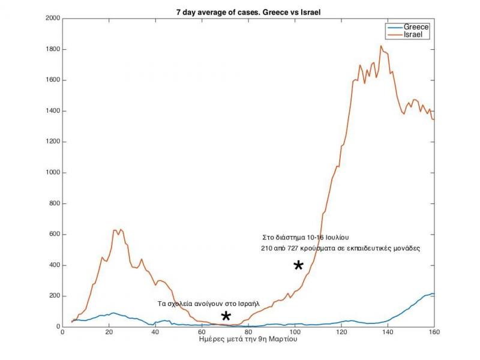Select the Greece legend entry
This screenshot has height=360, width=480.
(416, 28)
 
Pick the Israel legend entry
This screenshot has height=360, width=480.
(414, 35)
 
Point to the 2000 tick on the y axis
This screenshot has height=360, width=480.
(52, 19)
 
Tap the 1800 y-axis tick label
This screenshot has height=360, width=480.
(52, 49)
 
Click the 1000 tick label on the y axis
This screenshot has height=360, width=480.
(52, 173)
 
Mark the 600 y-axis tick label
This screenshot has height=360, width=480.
(54, 235)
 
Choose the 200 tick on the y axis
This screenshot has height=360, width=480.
(54, 296)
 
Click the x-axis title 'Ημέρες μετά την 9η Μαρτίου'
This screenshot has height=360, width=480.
(248, 340)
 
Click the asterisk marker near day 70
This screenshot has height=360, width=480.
(226, 316)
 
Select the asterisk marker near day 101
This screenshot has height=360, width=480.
(298, 265)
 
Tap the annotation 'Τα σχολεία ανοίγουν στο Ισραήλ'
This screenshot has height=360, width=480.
(208, 304)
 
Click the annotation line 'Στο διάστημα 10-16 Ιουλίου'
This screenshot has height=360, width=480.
(310, 238)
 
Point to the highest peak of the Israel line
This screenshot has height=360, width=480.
(381, 46)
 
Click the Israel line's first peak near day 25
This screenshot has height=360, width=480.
(121, 229)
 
